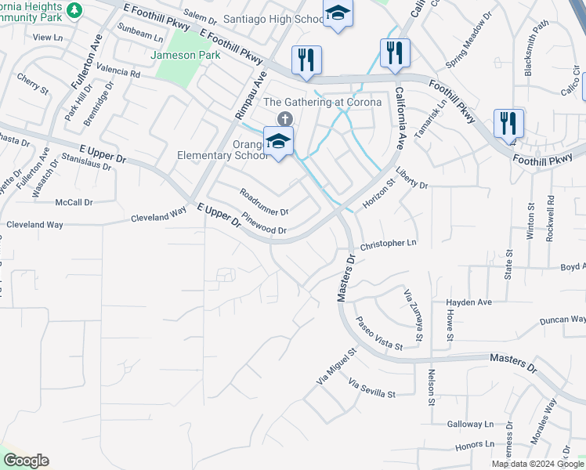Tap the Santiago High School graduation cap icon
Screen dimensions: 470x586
point(338,13)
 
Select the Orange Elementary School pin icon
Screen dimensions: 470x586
point(277,142)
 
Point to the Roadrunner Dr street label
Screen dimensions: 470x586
point(264,202)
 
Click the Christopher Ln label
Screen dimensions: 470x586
point(388,244)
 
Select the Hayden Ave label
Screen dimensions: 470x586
point(468,302)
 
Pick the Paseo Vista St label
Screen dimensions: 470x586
point(378,334)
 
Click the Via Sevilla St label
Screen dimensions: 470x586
point(372,389)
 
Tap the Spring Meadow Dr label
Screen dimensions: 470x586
point(468,38)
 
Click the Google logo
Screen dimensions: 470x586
point(26,461)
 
